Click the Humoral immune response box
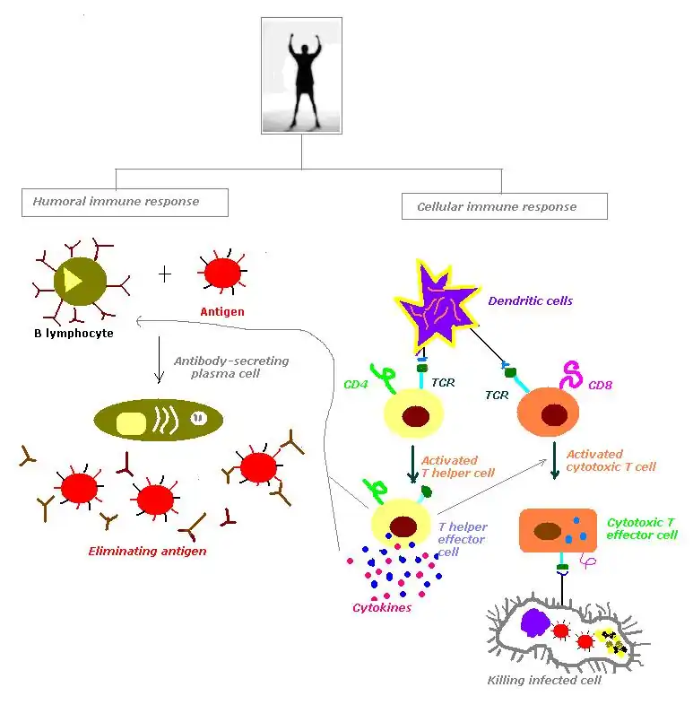pos(125,202)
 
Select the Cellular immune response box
pos(504,206)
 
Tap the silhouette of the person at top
pos(301,74)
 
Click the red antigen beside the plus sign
pos(221,272)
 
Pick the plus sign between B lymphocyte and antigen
pos(165,274)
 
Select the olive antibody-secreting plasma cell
pos(158,420)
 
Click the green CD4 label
pos(357,385)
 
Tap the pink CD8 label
pos(601,386)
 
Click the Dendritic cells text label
pos(530,300)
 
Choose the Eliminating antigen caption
pos(147,551)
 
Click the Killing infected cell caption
pos(544,680)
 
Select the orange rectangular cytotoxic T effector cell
pos(558,531)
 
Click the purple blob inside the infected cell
pos(536,622)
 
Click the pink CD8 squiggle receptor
pos(572,375)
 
